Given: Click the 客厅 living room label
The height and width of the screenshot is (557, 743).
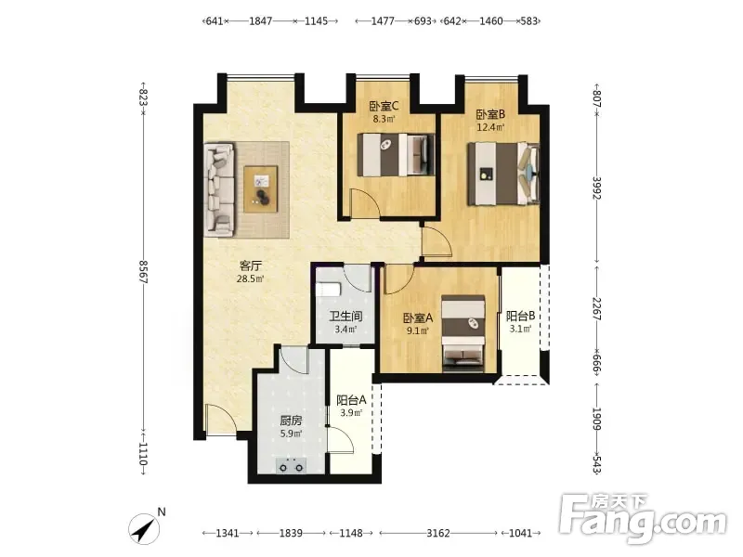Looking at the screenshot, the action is [x=250, y=266].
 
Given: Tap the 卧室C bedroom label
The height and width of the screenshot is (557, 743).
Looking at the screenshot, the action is [x=384, y=106].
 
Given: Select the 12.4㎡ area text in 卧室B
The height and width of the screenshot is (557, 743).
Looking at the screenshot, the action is [x=490, y=127].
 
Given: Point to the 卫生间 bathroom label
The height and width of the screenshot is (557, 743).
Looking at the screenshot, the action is [x=345, y=316].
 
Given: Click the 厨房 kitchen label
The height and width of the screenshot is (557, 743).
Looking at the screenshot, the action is [x=291, y=421].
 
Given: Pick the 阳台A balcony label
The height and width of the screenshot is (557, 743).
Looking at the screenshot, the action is [x=351, y=400].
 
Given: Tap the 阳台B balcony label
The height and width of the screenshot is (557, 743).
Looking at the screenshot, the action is [x=520, y=316].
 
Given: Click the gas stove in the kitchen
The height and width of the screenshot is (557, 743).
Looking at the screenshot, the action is [x=291, y=466].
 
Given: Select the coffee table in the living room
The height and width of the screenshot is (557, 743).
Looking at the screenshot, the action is [x=261, y=189].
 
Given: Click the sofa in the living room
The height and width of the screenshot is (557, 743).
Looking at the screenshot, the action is [x=219, y=189].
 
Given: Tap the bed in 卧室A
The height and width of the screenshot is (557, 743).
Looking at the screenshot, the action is [x=463, y=333].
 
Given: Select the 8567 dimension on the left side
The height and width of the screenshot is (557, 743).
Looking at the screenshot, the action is [x=144, y=271].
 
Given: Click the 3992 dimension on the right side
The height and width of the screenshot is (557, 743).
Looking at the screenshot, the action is [x=597, y=188].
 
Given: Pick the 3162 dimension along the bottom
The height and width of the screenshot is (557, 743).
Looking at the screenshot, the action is [x=437, y=533].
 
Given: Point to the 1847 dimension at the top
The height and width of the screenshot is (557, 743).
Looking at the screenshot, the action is [x=261, y=20].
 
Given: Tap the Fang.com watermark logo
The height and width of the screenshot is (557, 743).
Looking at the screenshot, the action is [x=643, y=519].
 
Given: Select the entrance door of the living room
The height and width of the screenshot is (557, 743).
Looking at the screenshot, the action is [x=220, y=420].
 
